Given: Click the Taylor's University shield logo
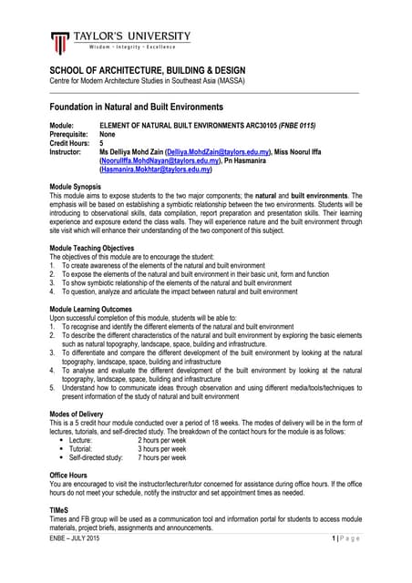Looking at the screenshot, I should [60, 43].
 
